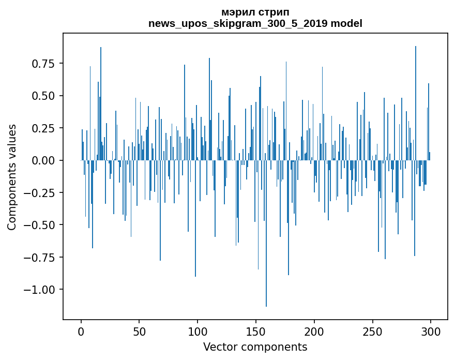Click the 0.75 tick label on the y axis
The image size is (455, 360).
point(43,64)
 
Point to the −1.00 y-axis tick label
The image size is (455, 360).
point(39,289)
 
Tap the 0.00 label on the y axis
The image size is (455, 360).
point(43,160)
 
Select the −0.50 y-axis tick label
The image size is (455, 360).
point(39,225)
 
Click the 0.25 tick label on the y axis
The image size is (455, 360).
point(43,128)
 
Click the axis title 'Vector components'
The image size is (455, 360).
point(255,347)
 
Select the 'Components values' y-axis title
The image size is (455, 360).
point(12,177)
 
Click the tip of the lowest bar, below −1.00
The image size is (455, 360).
point(266,306)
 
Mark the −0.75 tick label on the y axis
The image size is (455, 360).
point(39,257)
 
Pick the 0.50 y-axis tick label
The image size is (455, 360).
point(43,96)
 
